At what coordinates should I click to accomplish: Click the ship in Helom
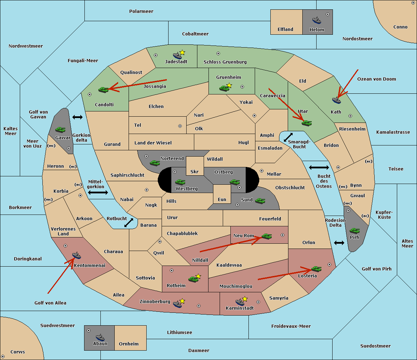[x=317, y=20]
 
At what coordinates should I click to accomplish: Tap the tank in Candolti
[x=103, y=90]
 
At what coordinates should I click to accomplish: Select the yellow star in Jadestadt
[x=182, y=52]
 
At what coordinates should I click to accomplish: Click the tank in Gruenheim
[x=224, y=88]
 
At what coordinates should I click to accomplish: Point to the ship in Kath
[x=336, y=100]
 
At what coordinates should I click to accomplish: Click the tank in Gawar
[x=60, y=129]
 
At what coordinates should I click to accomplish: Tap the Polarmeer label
[x=141, y=11]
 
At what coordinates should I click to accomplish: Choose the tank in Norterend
[x=155, y=163]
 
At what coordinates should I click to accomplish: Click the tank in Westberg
[x=180, y=182]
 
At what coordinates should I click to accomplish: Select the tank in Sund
[x=260, y=201]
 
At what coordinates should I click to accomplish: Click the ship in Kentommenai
[x=76, y=255]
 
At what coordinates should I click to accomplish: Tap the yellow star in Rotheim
[x=198, y=276]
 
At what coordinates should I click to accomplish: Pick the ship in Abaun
[x=100, y=337]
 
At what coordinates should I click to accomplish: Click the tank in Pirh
[x=354, y=231]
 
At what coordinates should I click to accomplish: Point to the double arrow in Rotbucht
[x=129, y=223]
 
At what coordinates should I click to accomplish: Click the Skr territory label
[x=195, y=171]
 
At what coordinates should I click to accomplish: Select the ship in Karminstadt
[x=240, y=302]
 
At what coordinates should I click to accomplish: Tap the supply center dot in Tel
[x=180, y=126]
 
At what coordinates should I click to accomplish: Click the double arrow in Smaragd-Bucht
[x=288, y=137]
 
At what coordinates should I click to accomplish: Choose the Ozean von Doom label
[x=377, y=79]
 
